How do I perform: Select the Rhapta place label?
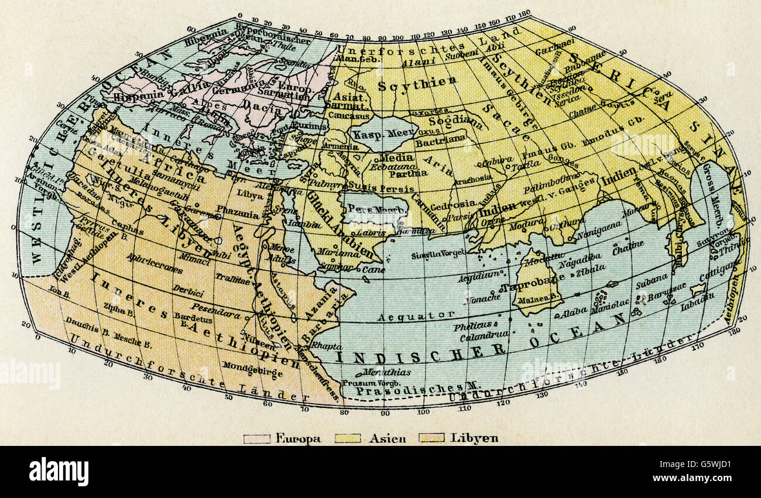324,345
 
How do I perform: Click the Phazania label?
237,215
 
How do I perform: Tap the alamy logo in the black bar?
59,472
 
